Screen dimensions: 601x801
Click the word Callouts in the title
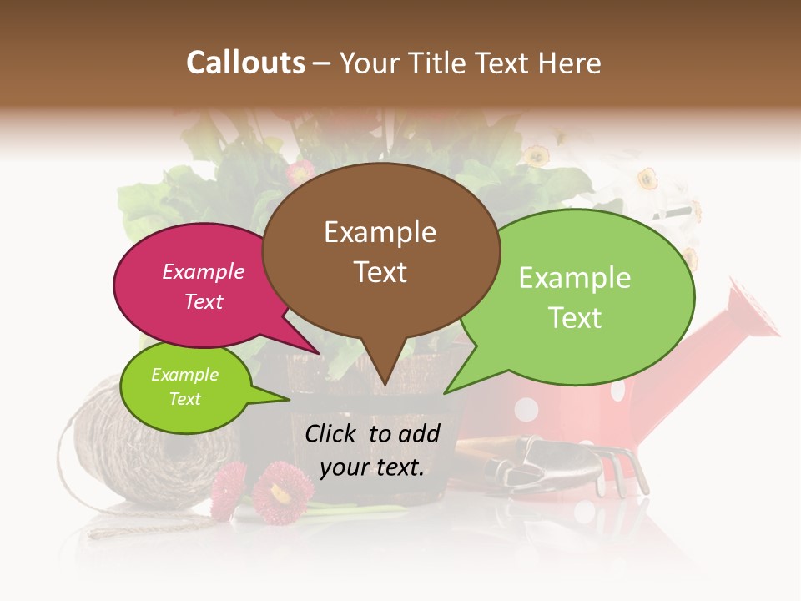pos(245,63)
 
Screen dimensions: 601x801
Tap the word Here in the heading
pos(570,63)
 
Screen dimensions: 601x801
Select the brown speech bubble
pos(380,250)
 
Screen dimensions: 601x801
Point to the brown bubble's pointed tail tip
pos(385,383)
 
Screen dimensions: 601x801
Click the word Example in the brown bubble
pos(380,232)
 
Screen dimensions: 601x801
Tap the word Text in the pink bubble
pos(204,301)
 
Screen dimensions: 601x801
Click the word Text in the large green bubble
pos(575,317)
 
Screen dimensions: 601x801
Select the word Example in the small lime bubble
pos(184,375)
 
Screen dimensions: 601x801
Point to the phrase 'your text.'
pos(372,467)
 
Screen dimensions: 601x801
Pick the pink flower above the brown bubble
pos(300,173)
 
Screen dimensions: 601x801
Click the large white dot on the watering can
pos(526,409)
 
